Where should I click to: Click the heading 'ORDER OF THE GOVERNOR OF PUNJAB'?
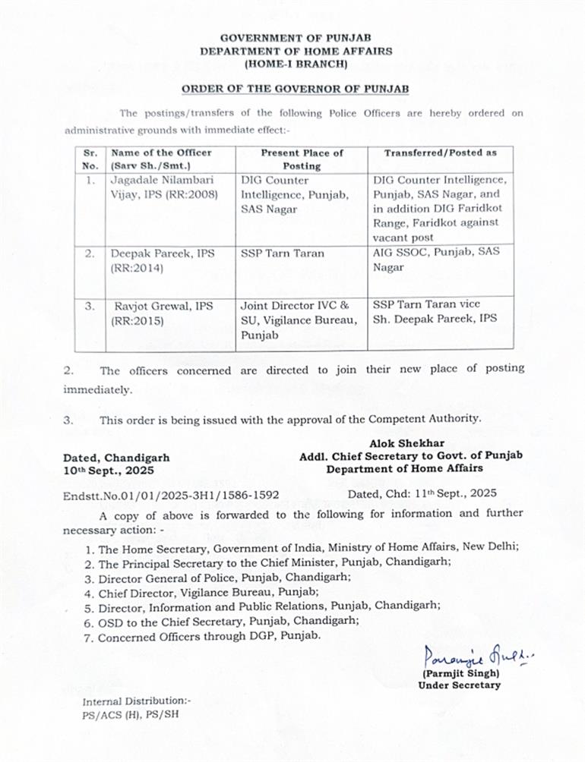click(295, 90)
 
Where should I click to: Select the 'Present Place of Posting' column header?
click(302, 159)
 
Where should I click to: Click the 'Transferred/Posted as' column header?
click(440, 153)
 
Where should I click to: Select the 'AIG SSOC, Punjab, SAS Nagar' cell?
click(436, 259)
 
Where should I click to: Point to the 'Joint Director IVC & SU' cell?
click(299, 319)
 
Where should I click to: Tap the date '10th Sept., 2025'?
click(109, 471)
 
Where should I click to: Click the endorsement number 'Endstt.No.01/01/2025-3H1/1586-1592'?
click(171, 494)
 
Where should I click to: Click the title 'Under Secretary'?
click(459, 685)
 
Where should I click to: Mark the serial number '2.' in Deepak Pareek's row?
click(90, 253)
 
